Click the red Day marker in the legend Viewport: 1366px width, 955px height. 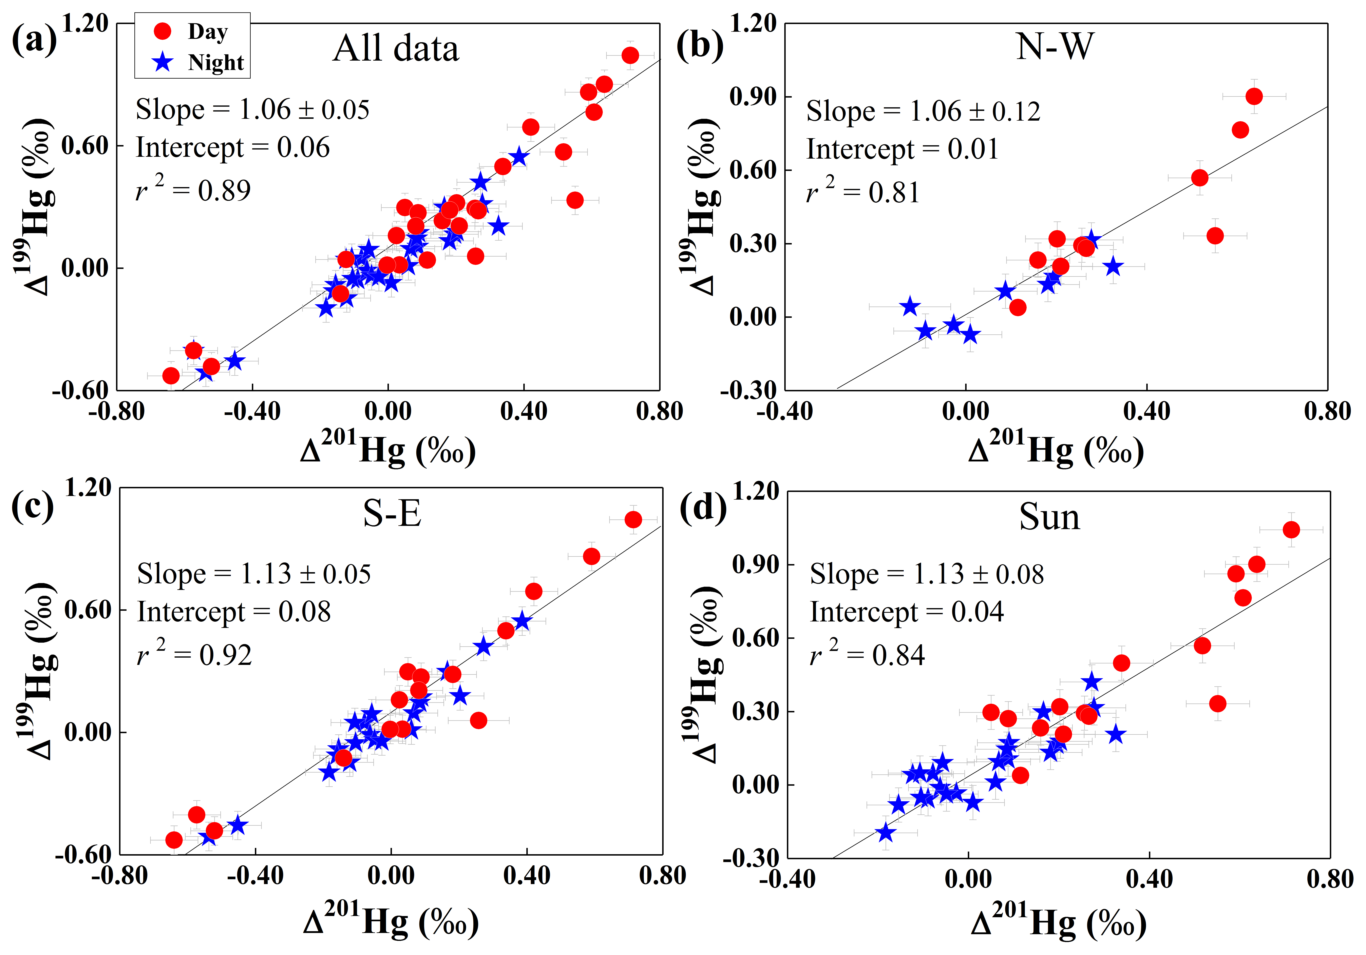[163, 31]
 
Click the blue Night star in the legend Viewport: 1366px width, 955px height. [163, 62]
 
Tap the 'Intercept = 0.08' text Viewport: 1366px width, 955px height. [234, 611]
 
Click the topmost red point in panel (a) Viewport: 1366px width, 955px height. [630, 55]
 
